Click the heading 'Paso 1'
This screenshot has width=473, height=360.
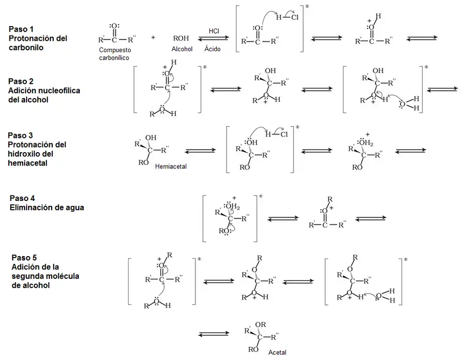point(21,30)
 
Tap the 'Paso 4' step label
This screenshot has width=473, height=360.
point(22,198)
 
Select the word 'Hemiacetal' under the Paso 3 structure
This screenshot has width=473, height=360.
point(170,166)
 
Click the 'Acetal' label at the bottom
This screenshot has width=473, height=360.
point(277,353)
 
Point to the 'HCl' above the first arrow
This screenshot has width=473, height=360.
point(214,31)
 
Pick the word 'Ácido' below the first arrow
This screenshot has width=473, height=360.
point(213,49)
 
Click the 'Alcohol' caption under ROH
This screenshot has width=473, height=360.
point(182,49)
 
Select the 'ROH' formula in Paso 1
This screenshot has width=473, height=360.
point(181,38)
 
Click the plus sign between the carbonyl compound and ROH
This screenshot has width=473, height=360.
point(153,37)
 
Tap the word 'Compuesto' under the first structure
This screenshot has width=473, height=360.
point(115,50)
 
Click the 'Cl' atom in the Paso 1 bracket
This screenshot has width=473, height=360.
point(294,18)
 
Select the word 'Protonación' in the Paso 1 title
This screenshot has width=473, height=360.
point(31,38)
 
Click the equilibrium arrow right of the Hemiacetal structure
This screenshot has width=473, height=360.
point(200,150)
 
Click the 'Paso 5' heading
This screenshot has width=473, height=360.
point(24,258)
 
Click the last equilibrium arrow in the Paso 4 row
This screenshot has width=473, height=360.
point(371,219)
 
